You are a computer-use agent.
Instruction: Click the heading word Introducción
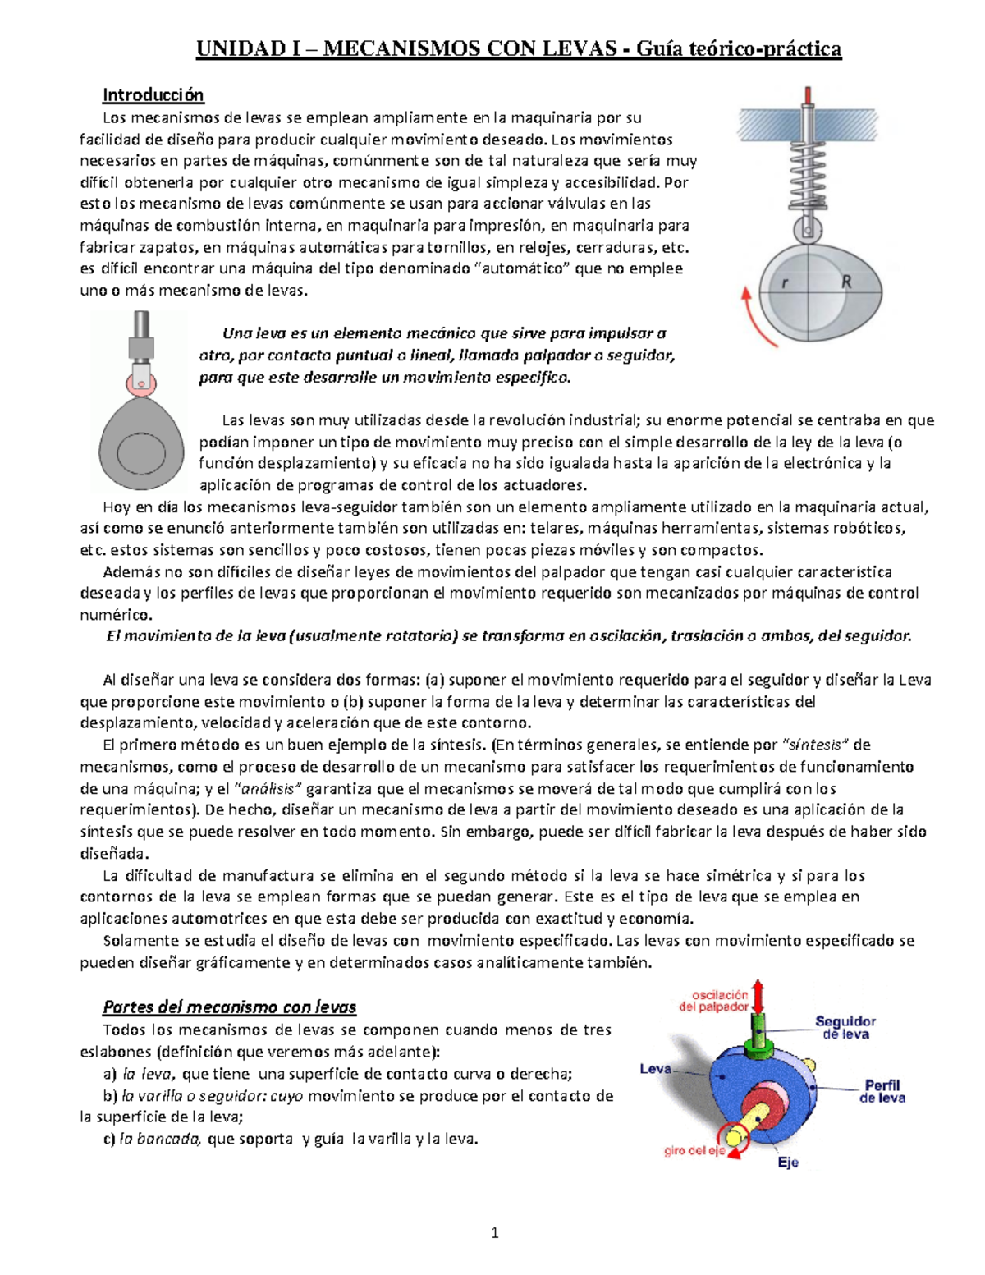tap(153, 95)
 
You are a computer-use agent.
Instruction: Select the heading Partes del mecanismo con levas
tap(229, 1007)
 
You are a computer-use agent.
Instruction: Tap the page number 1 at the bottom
tap(494, 1232)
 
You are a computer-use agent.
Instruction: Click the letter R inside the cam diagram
tap(846, 282)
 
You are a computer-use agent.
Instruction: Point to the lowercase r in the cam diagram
tap(786, 283)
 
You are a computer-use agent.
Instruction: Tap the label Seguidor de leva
tap(845, 1027)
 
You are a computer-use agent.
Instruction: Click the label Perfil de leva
tap(882, 1091)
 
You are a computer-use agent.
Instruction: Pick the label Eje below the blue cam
tap(788, 1163)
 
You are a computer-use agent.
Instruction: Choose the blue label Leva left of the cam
tap(655, 1069)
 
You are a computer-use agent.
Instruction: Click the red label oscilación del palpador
tap(713, 1001)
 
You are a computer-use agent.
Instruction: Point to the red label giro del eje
tap(694, 1151)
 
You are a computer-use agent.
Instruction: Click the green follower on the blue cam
tap(759, 1036)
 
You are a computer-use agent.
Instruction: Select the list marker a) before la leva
tap(110, 1074)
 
